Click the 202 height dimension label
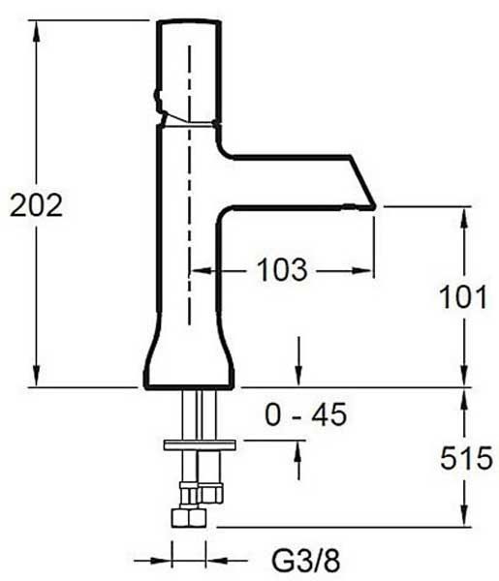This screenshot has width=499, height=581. click(36, 205)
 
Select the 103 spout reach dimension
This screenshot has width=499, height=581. click(282, 270)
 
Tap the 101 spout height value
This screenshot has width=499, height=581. click(463, 297)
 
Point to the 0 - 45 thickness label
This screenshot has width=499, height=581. click(306, 414)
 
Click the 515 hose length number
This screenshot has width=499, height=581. click(466, 458)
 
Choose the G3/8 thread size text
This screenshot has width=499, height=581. click(306, 561)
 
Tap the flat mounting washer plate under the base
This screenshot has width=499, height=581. click(200, 444)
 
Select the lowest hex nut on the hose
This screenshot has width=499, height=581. click(189, 518)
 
